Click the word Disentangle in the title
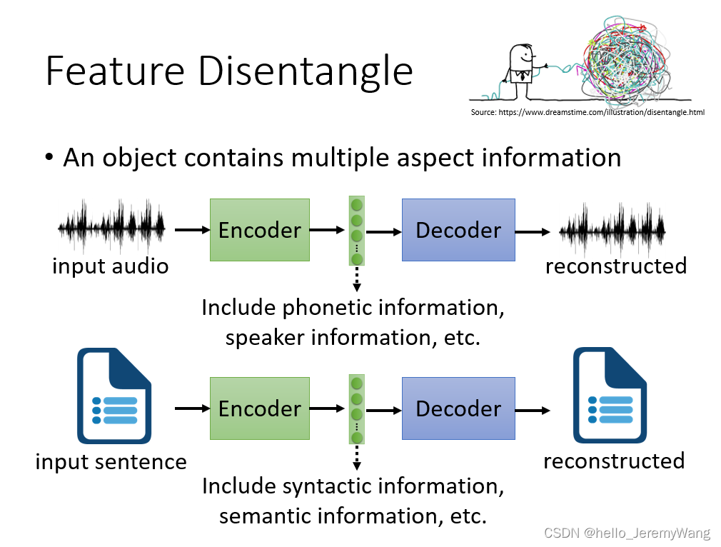coord(305,72)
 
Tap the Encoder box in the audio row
coord(260,230)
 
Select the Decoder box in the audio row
coord(458,230)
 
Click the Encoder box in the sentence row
coord(260,408)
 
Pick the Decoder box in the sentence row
coord(458,408)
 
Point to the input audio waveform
coord(112,228)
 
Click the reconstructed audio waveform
coord(612,230)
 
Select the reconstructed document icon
coord(610,396)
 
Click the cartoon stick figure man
coord(521,71)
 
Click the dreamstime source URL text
coord(588,112)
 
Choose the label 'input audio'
coord(111,266)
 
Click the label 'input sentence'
coord(111,461)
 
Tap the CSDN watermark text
coord(627,533)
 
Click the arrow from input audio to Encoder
coord(191,230)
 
